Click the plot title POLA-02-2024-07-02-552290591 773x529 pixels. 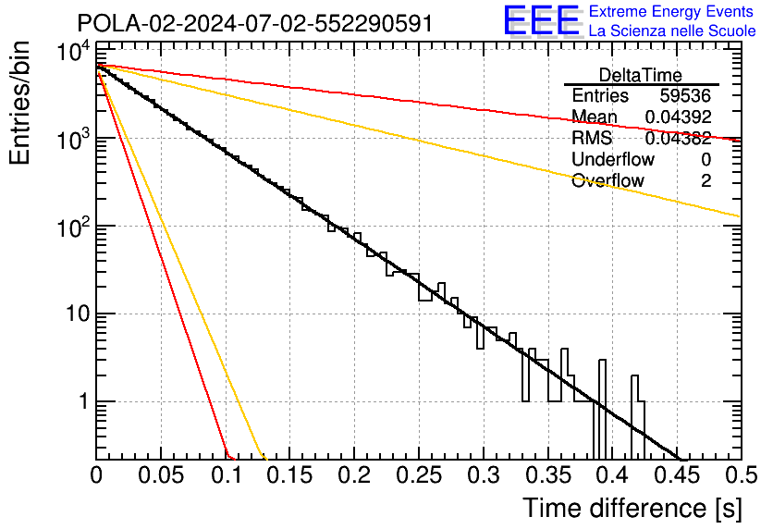click(x=254, y=23)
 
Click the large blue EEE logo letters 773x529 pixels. click(x=541, y=21)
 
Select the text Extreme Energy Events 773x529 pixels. click(x=672, y=12)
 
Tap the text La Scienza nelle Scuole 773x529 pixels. click(x=672, y=31)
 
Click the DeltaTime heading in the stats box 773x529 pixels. click(x=641, y=75)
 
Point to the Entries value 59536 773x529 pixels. click(x=685, y=96)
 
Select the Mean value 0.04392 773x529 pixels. click(x=678, y=117)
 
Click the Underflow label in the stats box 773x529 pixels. click(x=613, y=160)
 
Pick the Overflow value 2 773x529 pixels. click(x=706, y=181)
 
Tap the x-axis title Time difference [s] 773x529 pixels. click(x=632, y=508)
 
